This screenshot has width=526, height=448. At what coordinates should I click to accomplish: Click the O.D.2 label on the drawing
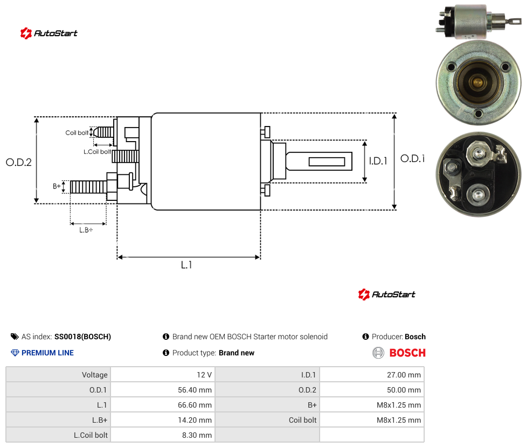click(x=19, y=162)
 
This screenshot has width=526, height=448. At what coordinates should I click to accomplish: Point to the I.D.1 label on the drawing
click(x=378, y=161)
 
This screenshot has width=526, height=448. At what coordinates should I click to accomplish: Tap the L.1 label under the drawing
click(x=186, y=265)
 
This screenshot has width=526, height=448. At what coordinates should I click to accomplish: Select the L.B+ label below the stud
click(x=86, y=230)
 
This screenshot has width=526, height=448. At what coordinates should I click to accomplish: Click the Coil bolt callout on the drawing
click(x=77, y=132)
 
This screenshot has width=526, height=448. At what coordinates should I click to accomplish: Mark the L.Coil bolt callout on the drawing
click(x=97, y=152)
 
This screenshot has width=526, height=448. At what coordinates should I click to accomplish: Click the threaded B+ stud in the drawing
click(x=88, y=187)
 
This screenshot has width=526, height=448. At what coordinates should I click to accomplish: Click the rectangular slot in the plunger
click(x=327, y=162)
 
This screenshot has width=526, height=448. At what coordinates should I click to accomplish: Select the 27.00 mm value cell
click(x=372, y=375)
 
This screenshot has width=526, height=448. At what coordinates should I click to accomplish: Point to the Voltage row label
click(x=95, y=375)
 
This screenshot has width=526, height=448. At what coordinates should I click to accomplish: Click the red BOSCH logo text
click(x=407, y=353)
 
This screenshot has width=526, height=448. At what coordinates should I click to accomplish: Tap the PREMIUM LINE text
click(x=47, y=353)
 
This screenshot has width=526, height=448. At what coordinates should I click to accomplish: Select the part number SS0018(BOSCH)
click(x=82, y=337)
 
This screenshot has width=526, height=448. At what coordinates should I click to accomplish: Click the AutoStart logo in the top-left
click(x=49, y=33)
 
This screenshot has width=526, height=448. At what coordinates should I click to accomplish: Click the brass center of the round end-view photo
click(x=477, y=81)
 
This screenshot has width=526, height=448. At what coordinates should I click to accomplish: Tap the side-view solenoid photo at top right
click(x=479, y=22)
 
